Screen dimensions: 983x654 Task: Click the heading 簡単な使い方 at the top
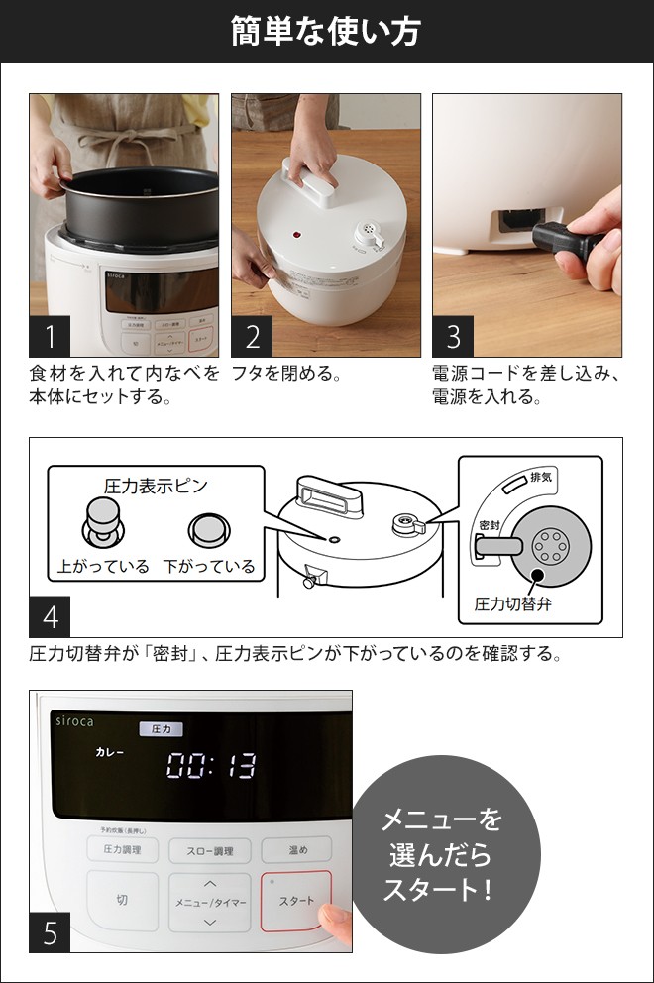coord(326,31)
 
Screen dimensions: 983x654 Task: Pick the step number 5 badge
coord(51,932)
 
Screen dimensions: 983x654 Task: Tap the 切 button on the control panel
coord(122,900)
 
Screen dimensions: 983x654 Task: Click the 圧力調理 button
coord(122,849)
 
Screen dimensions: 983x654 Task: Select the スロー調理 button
coord(208,850)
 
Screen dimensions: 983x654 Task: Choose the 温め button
coord(296,849)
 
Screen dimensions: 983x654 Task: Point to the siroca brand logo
coord(72,722)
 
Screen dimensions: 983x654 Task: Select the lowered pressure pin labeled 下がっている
coord(209,530)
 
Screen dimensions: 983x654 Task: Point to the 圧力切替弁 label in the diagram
coord(512,603)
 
